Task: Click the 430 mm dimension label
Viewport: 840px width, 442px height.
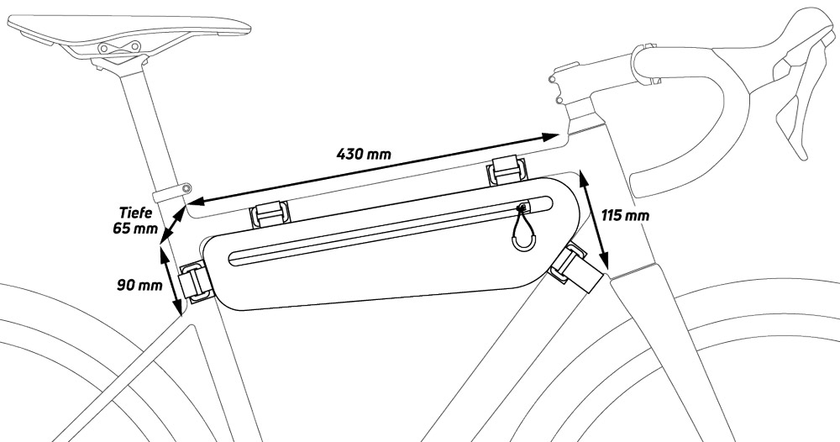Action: point(364,155)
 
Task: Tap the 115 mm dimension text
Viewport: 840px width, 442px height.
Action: point(625,215)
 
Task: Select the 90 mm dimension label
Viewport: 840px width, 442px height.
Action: point(139,285)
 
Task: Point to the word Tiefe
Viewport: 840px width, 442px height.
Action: point(136,212)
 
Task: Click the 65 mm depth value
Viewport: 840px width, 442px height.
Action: point(135,229)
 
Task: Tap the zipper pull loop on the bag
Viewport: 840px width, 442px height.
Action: point(522,229)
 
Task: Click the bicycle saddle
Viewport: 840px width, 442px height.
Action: point(129,32)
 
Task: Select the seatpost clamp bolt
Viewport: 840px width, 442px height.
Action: point(186,188)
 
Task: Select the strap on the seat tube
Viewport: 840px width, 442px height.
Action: point(195,282)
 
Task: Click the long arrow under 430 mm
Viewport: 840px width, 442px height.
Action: point(375,168)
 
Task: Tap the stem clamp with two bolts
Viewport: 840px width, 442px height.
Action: point(565,85)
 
